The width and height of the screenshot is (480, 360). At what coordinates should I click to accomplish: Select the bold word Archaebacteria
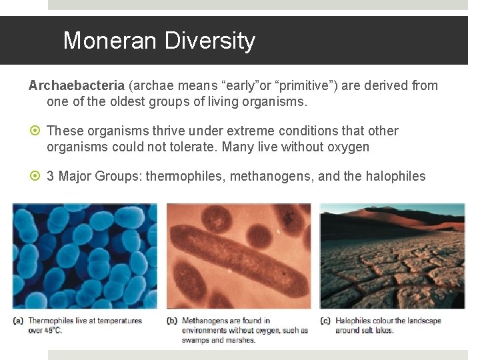click(x=76, y=85)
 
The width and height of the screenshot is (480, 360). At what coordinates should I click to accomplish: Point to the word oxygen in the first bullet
click(x=348, y=147)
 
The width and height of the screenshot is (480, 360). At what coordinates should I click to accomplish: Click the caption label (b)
click(x=171, y=321)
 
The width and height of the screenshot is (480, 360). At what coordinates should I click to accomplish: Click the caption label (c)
click(x=325, y=321)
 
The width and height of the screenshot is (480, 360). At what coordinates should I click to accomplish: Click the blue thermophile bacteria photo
click(x=85, y=257)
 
